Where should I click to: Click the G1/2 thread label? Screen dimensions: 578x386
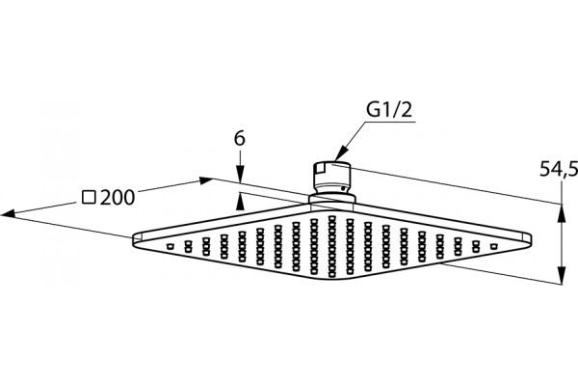point(389,109)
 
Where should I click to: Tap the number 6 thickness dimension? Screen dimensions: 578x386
point(240,139)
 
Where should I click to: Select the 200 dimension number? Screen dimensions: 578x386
point(118,198)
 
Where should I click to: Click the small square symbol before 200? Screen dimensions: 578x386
point(89,198)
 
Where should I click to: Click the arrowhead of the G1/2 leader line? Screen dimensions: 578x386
point(342,152)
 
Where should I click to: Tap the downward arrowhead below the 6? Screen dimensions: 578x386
point(240,175)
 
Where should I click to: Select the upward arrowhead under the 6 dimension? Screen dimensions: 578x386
point(240,202)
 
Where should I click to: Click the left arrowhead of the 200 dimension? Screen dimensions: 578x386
point(9,213)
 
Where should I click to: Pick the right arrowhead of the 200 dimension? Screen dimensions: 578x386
point(206,180)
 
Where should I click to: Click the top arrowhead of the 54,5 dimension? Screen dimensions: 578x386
point(562,213)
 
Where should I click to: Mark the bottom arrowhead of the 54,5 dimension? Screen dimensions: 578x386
point(562,275)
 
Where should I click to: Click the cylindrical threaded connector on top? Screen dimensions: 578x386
point(331,179)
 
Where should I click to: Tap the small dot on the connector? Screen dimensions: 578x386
point(343,188)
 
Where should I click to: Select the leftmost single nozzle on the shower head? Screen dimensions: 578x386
point(170,246)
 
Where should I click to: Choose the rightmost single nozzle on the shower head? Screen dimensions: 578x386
point(493,246)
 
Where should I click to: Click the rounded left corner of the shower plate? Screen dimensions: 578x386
point(136,239)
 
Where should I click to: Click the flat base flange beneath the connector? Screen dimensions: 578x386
point(331,200)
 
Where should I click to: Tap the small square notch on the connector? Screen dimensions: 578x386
point(320,170)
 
